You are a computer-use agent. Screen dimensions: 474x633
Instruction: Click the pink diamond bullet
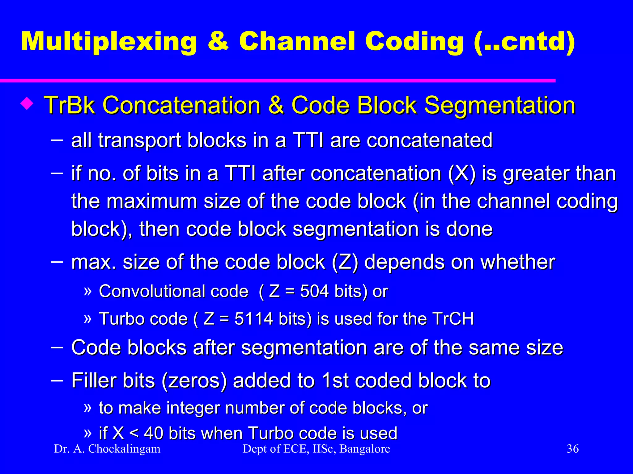click(27, 104)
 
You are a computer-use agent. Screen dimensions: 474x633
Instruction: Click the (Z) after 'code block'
click(345, 262)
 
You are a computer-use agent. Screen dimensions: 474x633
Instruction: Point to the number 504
click(314, 291)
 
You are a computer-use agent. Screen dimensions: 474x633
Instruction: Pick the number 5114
click(253, 319)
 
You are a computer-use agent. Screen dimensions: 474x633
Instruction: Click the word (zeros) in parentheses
click(194, 381)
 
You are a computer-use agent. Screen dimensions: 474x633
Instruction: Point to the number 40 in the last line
click(154, 433)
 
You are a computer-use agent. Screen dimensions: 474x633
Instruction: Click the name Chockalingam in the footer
click(124, 449)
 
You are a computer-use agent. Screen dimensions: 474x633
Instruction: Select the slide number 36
click(572, 449)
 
